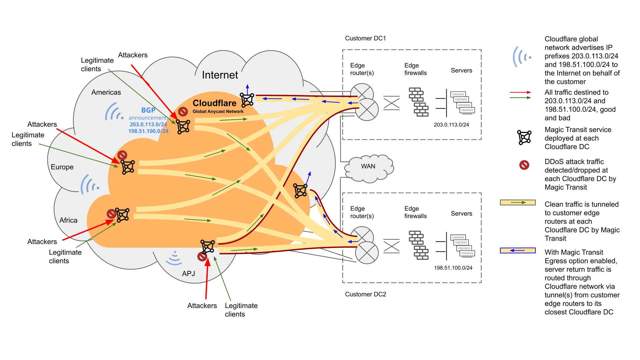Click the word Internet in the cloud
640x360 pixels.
click(220, 75)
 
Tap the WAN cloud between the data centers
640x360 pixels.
click(368, 166)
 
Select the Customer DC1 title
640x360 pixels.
click(365, 38)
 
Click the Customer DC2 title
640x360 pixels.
click(365, 294)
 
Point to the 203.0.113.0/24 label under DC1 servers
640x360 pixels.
click(451, 125)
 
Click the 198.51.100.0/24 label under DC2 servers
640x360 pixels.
click(453, 268)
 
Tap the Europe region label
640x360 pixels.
click(62, 167)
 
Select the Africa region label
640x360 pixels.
click(68, 220)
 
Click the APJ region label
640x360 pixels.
click(188, 274)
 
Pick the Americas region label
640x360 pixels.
click(106, 92)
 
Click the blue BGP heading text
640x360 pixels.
click(148, 110)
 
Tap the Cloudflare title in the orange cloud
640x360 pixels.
click(214, 103)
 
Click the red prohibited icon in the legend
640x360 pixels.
click(524, 165)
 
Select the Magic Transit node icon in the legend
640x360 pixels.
click(524, 137)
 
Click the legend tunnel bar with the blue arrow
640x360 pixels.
click(518, 251)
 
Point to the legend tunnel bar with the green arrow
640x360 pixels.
click(518, 203)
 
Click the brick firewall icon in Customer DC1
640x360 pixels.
click(419, 102)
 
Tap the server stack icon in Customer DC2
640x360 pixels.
click(462, 245)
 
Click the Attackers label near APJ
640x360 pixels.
click(202, 306)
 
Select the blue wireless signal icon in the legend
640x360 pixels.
click(522, 57)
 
